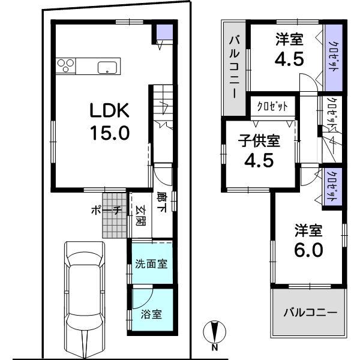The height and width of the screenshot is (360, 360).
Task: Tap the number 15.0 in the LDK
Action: [109, 132]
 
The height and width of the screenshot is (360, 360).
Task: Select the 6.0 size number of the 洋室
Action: [308, 250]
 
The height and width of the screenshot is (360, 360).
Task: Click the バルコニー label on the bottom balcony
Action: [310, 313]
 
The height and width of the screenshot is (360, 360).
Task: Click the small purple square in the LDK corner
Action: [163, 33]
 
